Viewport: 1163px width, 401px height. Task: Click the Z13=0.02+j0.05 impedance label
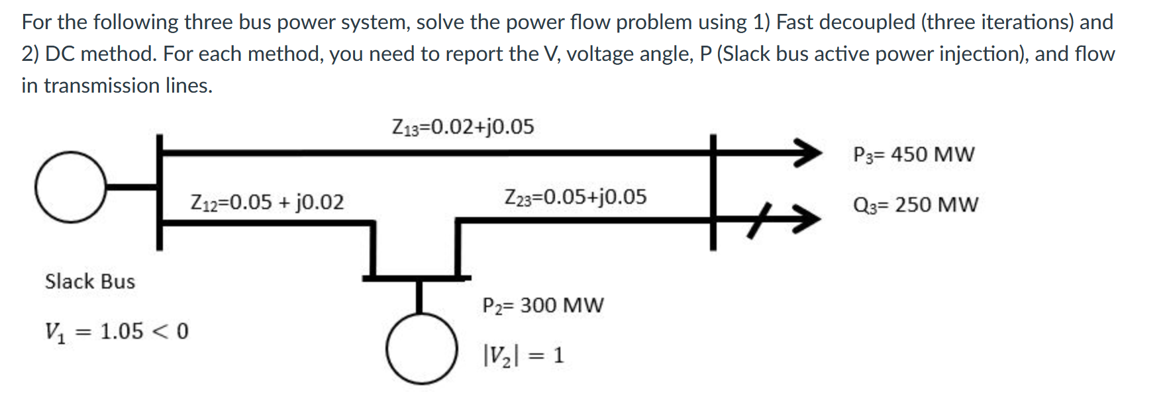463,126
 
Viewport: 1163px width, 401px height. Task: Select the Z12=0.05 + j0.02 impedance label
267,202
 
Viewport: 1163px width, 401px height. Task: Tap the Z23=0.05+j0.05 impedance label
575,197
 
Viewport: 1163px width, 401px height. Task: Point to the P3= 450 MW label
913,154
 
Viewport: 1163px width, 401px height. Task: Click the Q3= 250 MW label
915,204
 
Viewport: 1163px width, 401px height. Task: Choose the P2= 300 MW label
542,305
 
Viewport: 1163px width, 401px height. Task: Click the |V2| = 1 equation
523,355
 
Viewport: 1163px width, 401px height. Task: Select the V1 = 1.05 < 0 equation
117,331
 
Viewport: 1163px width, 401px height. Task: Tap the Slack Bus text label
89,281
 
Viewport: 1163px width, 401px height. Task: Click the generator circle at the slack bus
70,187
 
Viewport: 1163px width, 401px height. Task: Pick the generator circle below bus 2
421,349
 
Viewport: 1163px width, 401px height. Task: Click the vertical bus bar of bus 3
713,192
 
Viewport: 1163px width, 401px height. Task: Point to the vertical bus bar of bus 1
160,192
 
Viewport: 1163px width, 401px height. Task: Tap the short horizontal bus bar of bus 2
417,278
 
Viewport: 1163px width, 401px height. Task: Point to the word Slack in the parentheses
747,54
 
